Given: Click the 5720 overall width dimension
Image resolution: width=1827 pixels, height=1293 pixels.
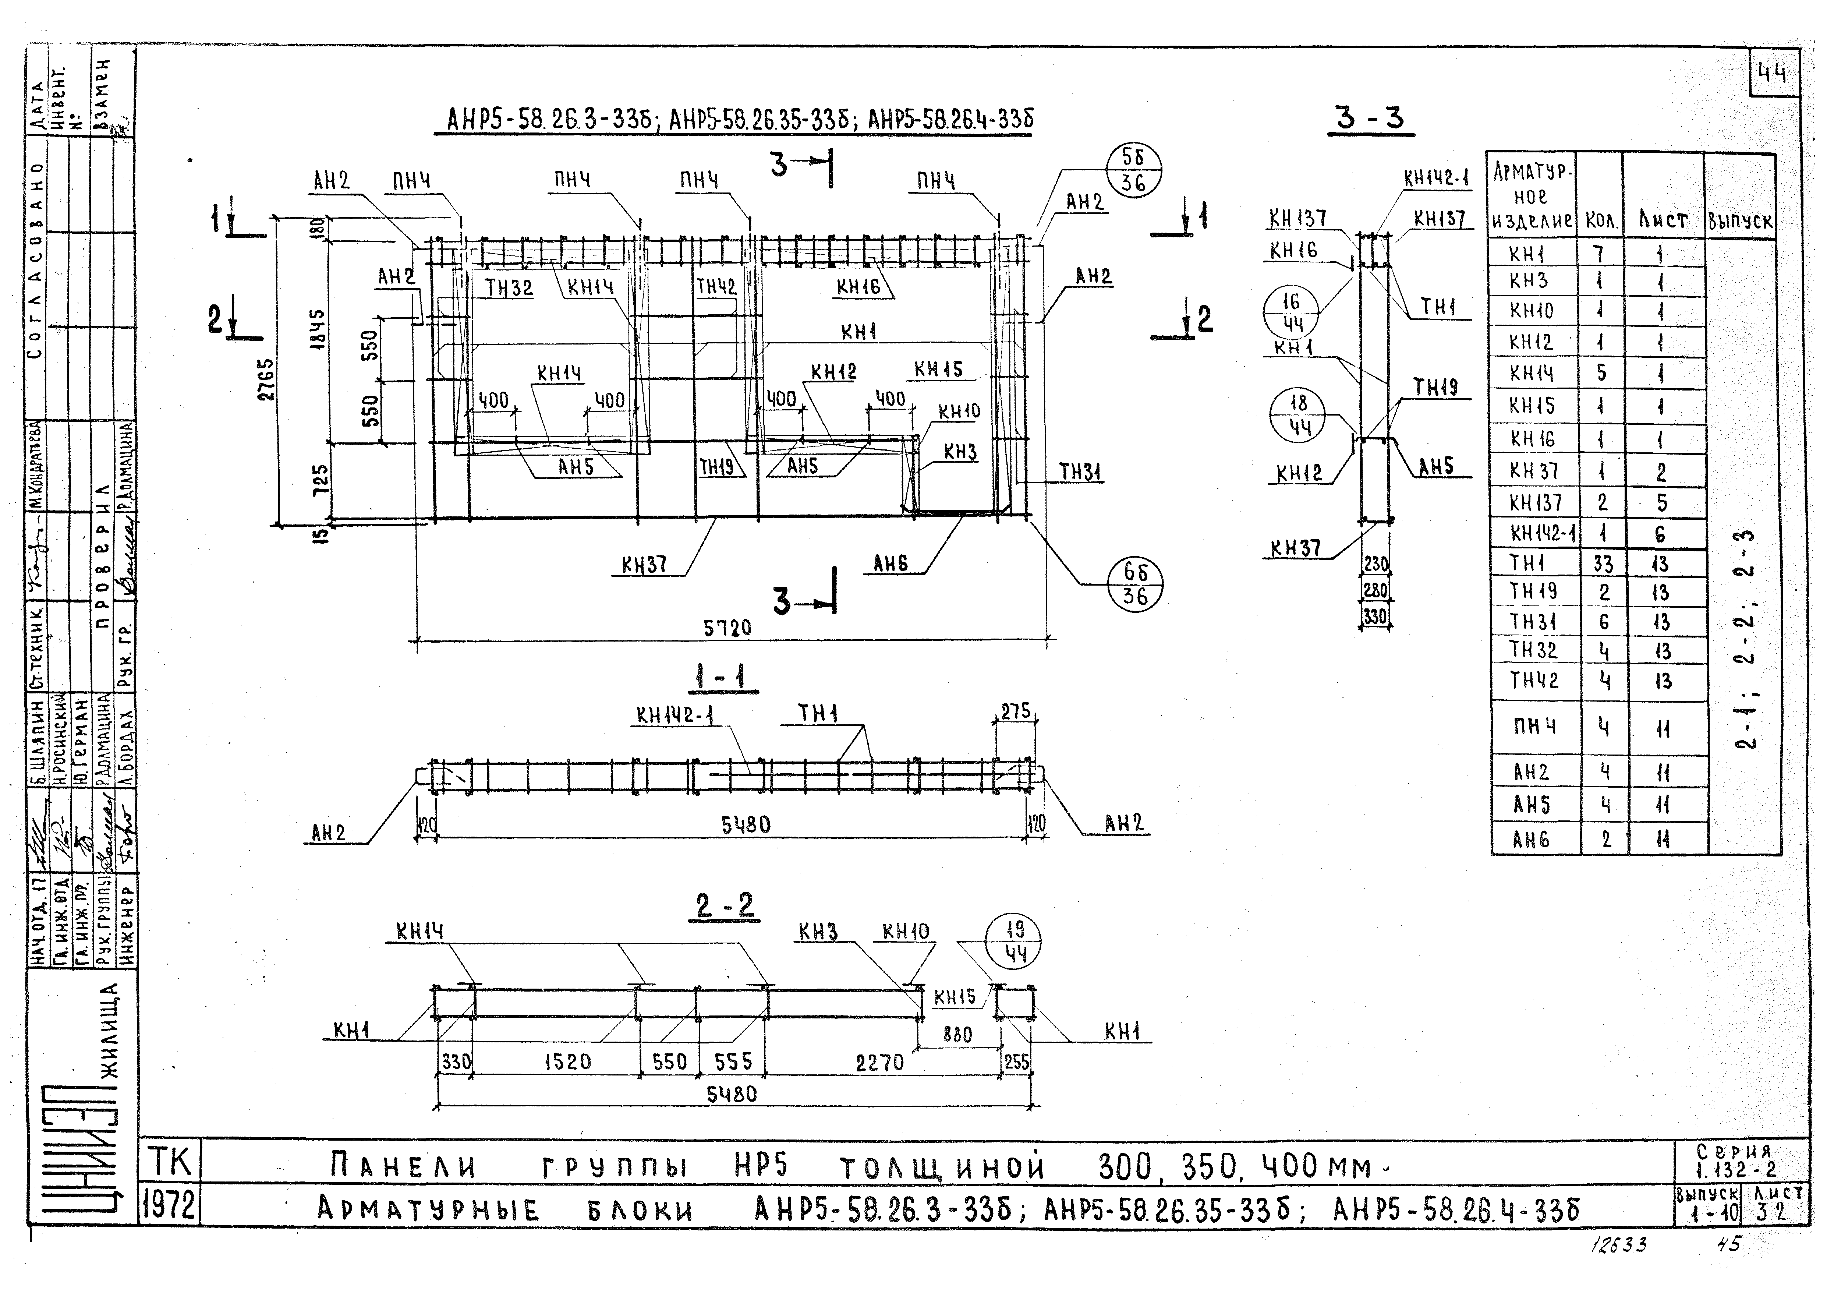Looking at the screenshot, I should [x=727, y=628].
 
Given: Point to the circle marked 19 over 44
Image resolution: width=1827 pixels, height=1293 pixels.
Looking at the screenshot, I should [x=1013, y=941].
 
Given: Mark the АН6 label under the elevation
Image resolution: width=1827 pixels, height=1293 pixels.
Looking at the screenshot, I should [x=890, y=564].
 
